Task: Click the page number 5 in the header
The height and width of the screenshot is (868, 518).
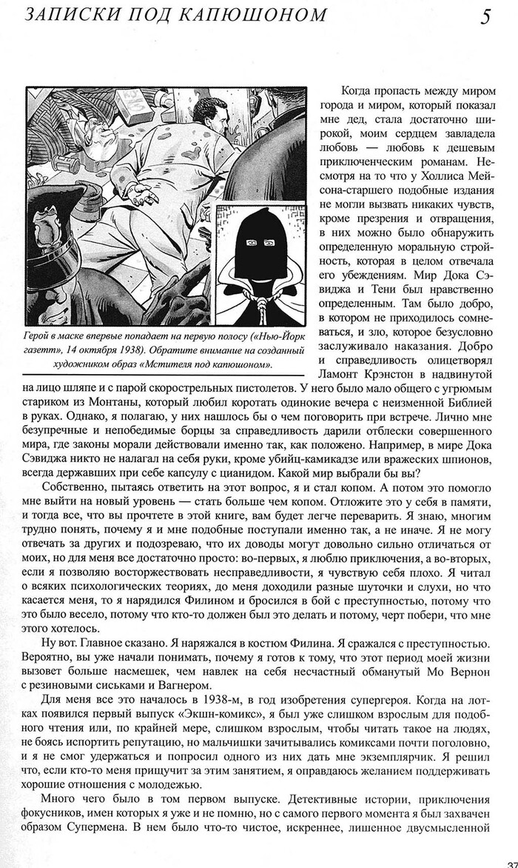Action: tap(486, 16)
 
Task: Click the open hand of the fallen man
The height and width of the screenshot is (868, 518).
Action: tap(145, 194)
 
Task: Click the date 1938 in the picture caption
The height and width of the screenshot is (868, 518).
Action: tap(176, 350)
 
